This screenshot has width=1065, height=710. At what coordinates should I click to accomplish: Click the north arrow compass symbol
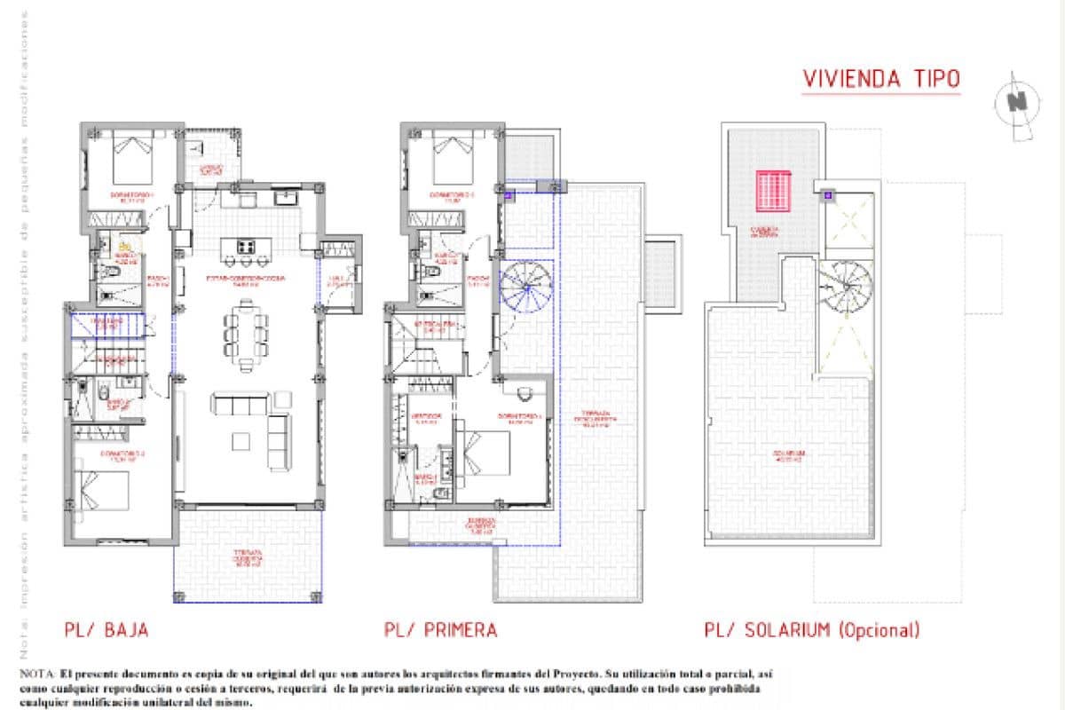[x=1017, y=104]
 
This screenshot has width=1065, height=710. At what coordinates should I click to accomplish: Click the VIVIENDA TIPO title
[x=880, y=78]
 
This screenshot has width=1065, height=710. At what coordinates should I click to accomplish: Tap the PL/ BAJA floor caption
[x=106, y=630]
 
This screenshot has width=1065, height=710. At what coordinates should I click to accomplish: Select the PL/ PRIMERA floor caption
[x=440, y=630]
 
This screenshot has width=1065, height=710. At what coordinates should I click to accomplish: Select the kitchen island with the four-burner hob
[x=246, y=246]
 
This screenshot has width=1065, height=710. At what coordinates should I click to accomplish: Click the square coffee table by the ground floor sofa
[x=242, y=441]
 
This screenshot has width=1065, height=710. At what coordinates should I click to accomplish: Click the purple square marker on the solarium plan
[x=827, y=194]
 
